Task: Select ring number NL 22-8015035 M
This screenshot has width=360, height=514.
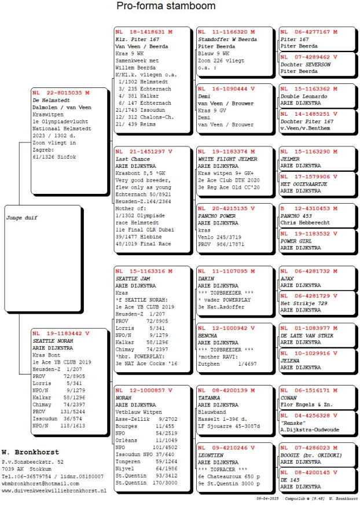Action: click(x=61, y=92)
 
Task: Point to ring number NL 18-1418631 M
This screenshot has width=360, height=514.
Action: click(x=144, y=31)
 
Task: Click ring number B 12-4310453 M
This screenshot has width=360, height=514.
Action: click(x=308, y=208)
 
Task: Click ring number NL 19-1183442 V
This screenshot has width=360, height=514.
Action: click(x=61, y=333)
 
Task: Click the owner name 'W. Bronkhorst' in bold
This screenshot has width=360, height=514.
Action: click(x=30, y=451)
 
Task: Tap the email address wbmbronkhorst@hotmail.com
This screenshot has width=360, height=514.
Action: click(x=39, y=483)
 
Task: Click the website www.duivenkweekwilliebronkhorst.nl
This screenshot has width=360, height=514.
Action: click(x=54, y=490)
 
